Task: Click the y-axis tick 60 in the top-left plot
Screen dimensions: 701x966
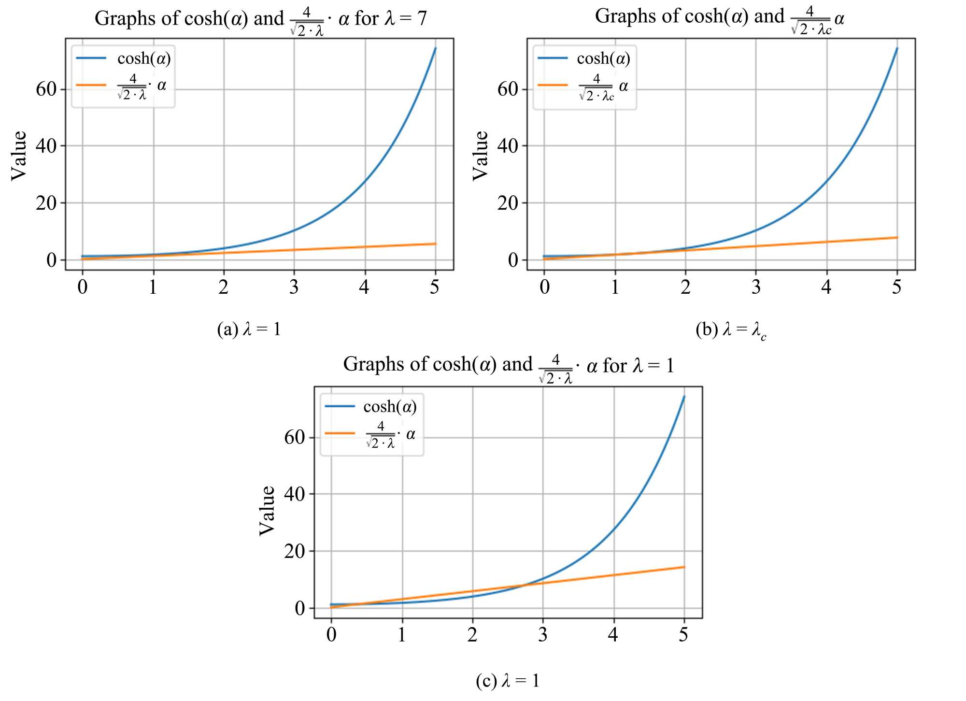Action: point(46,89)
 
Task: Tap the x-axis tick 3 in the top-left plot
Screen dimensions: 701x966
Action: point(294,287)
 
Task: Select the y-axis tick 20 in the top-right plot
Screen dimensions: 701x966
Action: point(508,203)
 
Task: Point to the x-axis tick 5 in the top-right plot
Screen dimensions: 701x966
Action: point(896,287)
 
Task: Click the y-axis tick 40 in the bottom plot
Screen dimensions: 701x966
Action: point(295,494)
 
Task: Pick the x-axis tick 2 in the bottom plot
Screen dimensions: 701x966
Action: point(472,635)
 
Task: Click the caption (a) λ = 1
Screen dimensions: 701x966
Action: point(249,329)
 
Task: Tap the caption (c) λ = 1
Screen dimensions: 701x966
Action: point(507,681)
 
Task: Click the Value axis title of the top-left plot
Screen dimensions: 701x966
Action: point(19,156)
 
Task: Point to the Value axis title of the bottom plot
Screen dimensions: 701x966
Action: point(267,511)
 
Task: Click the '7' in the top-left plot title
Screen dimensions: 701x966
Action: point(422,19)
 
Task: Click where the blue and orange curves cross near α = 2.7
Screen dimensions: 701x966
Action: point(524,585)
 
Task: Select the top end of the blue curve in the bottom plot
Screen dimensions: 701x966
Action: point(684,397)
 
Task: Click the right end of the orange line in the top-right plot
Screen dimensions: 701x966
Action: point(897,237)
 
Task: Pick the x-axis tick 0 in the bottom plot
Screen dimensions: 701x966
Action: point(331,635)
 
